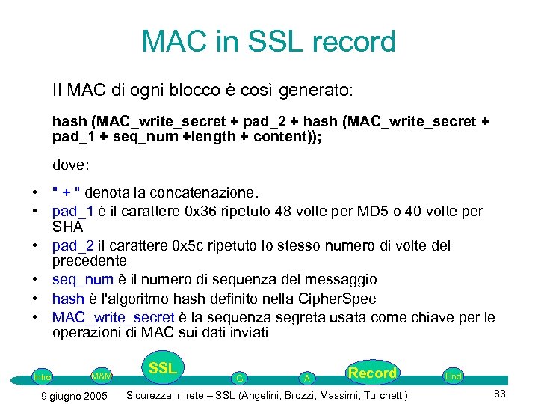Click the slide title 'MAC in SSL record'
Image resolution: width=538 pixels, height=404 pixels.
coord(269,42)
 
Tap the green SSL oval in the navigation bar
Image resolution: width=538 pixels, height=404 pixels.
coord(162,368)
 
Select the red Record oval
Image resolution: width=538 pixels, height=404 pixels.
coord(372,373)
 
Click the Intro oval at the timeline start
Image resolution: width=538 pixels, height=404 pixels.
coord(42,376)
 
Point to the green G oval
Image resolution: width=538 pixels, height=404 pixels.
coord(239,378)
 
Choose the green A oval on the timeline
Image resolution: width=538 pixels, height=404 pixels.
coord(306,378)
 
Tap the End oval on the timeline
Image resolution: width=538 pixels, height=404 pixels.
coord(453,376)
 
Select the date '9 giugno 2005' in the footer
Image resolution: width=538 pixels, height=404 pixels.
coord(72,395)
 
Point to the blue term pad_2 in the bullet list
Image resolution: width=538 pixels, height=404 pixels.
coord(72,245)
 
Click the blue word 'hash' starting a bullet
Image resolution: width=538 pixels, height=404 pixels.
coord(67,299)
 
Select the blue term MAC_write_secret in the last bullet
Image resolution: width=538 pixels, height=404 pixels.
coord(112,317)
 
